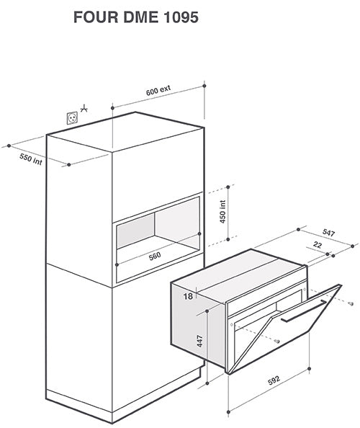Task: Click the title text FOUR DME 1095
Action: coord(136,17)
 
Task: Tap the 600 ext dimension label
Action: coord(158,90)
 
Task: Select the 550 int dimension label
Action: coord(31,159)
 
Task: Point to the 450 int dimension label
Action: coord(222,212)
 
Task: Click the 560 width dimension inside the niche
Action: coord(155,257)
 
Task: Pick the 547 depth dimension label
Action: coord(328,233)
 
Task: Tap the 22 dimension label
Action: coord(318,244)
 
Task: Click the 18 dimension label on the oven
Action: coord(188,296)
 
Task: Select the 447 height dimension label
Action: coord(200,341)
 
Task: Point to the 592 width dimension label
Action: coord(274,380)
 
